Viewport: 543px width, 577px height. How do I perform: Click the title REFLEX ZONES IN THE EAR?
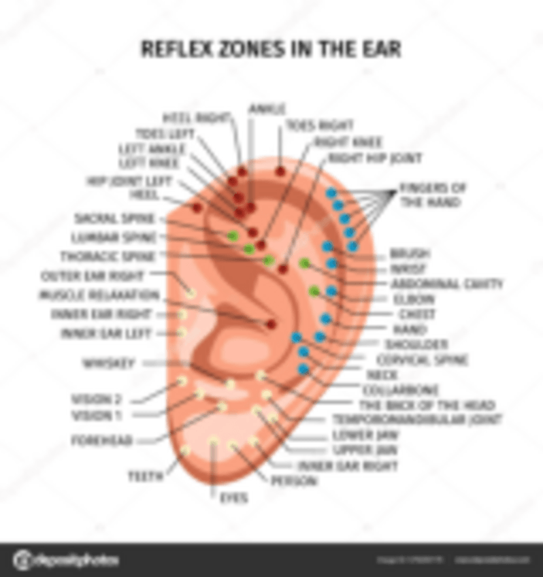tap(270, 50)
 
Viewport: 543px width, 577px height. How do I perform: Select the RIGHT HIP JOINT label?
tap(375, 159)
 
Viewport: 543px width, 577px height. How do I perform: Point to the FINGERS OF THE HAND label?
tap(432, 195)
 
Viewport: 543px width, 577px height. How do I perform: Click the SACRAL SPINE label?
tap(115, 218)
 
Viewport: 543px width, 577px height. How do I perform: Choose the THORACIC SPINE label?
tap(108, 257)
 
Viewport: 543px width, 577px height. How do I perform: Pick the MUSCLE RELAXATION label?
tap(99, 295)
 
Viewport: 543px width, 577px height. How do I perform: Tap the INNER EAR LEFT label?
tap(106, 333)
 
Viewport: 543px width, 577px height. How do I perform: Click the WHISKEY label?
tap(108, 363)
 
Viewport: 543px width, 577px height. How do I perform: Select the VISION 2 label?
tap(97, 399)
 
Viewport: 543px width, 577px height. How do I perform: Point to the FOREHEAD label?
tap(102, 441)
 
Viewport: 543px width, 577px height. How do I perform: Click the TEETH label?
tap(146, 476)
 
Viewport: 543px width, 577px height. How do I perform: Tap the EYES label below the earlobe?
tap(233, 498)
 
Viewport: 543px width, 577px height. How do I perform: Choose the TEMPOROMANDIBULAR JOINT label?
tap(417, 420)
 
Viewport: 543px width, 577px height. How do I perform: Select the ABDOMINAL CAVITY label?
tap(446, 284)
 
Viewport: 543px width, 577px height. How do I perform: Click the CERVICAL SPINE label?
tap(422, 359)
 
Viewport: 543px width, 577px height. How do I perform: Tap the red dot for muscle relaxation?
tap(271, 324)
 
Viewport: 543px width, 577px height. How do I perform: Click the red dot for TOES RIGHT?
tap(280, 171)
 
